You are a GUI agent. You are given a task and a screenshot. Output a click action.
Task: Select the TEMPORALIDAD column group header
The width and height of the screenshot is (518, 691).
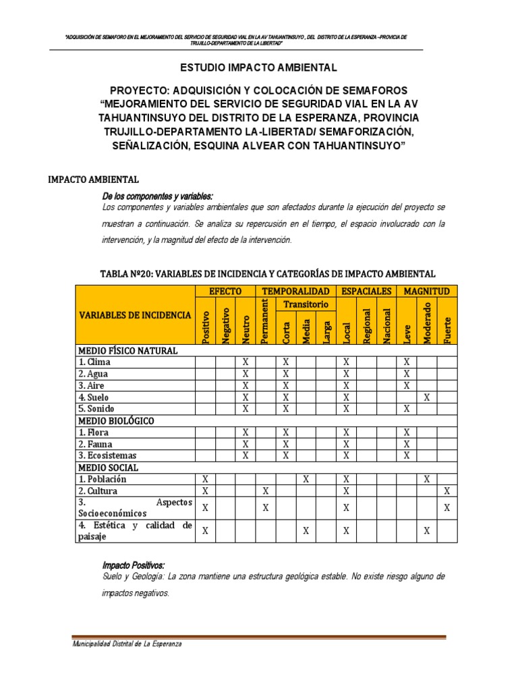[295, 291]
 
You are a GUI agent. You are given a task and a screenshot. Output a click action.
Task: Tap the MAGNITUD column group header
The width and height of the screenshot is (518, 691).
[427, 291]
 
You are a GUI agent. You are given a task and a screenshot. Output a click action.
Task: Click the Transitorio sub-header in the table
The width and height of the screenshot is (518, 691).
[306, 304]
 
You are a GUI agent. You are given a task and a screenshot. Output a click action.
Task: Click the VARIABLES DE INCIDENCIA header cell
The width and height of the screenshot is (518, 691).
[135, 315]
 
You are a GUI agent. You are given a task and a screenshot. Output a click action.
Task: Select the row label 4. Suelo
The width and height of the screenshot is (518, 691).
[93, 397]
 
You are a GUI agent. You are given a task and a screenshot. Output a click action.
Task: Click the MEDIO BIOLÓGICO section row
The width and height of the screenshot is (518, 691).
[116, 420]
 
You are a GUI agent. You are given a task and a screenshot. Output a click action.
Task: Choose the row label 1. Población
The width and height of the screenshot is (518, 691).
[103, 479]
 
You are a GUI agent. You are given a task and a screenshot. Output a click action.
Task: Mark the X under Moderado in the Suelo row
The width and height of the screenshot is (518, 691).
[427, 397]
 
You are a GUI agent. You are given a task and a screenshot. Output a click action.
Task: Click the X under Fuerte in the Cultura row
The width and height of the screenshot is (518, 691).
[447, 491]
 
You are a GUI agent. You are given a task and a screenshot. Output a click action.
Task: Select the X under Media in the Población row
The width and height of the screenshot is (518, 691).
[306, 479]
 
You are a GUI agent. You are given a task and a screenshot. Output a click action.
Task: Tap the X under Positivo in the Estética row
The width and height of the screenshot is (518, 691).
[206, 531]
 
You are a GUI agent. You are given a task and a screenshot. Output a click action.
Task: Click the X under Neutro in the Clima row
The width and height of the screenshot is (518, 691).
[246, 362]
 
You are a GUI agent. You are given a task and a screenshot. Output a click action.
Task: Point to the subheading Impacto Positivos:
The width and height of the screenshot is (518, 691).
[133, 565]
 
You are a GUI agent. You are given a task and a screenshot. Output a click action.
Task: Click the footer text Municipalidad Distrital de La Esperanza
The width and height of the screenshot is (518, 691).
[127, 644]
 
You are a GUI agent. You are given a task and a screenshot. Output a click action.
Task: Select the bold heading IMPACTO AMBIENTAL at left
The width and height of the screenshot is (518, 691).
[93, 179]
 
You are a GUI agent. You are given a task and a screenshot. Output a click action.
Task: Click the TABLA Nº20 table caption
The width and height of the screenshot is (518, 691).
[267, 273]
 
